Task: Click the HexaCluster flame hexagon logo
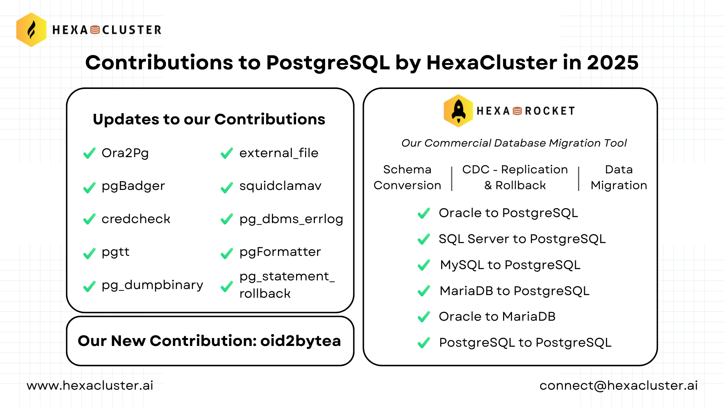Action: pyautogui.click(x=31, y=30)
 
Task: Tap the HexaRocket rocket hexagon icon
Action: pyautogui.click(x=458, y=111)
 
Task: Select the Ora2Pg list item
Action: pyautogui.click(x=125, y=153)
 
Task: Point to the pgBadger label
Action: pyautogui.click(x=133, y=186)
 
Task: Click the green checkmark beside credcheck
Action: pyautogui.click(x=89, y=219)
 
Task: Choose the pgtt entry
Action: pyautogui.click(x=115, y=252)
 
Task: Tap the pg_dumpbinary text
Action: pyautogui.click(x=152, y=285)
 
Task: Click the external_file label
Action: pyautogui.click(x=279, y=153)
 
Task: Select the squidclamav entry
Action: pyautogui.click(x=280, y=186)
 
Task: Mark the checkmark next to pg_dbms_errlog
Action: pyautogui.click(x=227, y=219)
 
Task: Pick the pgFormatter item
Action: pyautogui.click(x=280, y=252)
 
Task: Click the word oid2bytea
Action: pyautogui.click(x=301, y=341)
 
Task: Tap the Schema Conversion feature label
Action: pyautogui.click(x=407, y=177)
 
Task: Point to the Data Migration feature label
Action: pyautogui.click(x=619, y=177)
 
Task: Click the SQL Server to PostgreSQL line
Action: pyautogui.click(x=522, y=239)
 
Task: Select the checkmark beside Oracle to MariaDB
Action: pyautogui.click(x=424, y=317)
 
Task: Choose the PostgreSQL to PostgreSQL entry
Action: pyautogui.click(x=525, y=343)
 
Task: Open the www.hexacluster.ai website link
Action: pyautogui.click(x=90, y=386)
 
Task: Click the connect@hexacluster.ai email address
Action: pyautogui.click(x=618, y=386)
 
